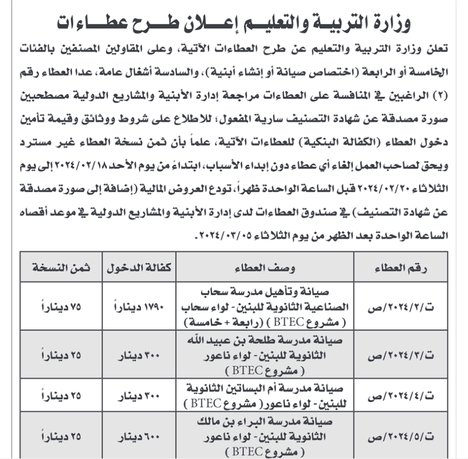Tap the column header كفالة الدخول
140,268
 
